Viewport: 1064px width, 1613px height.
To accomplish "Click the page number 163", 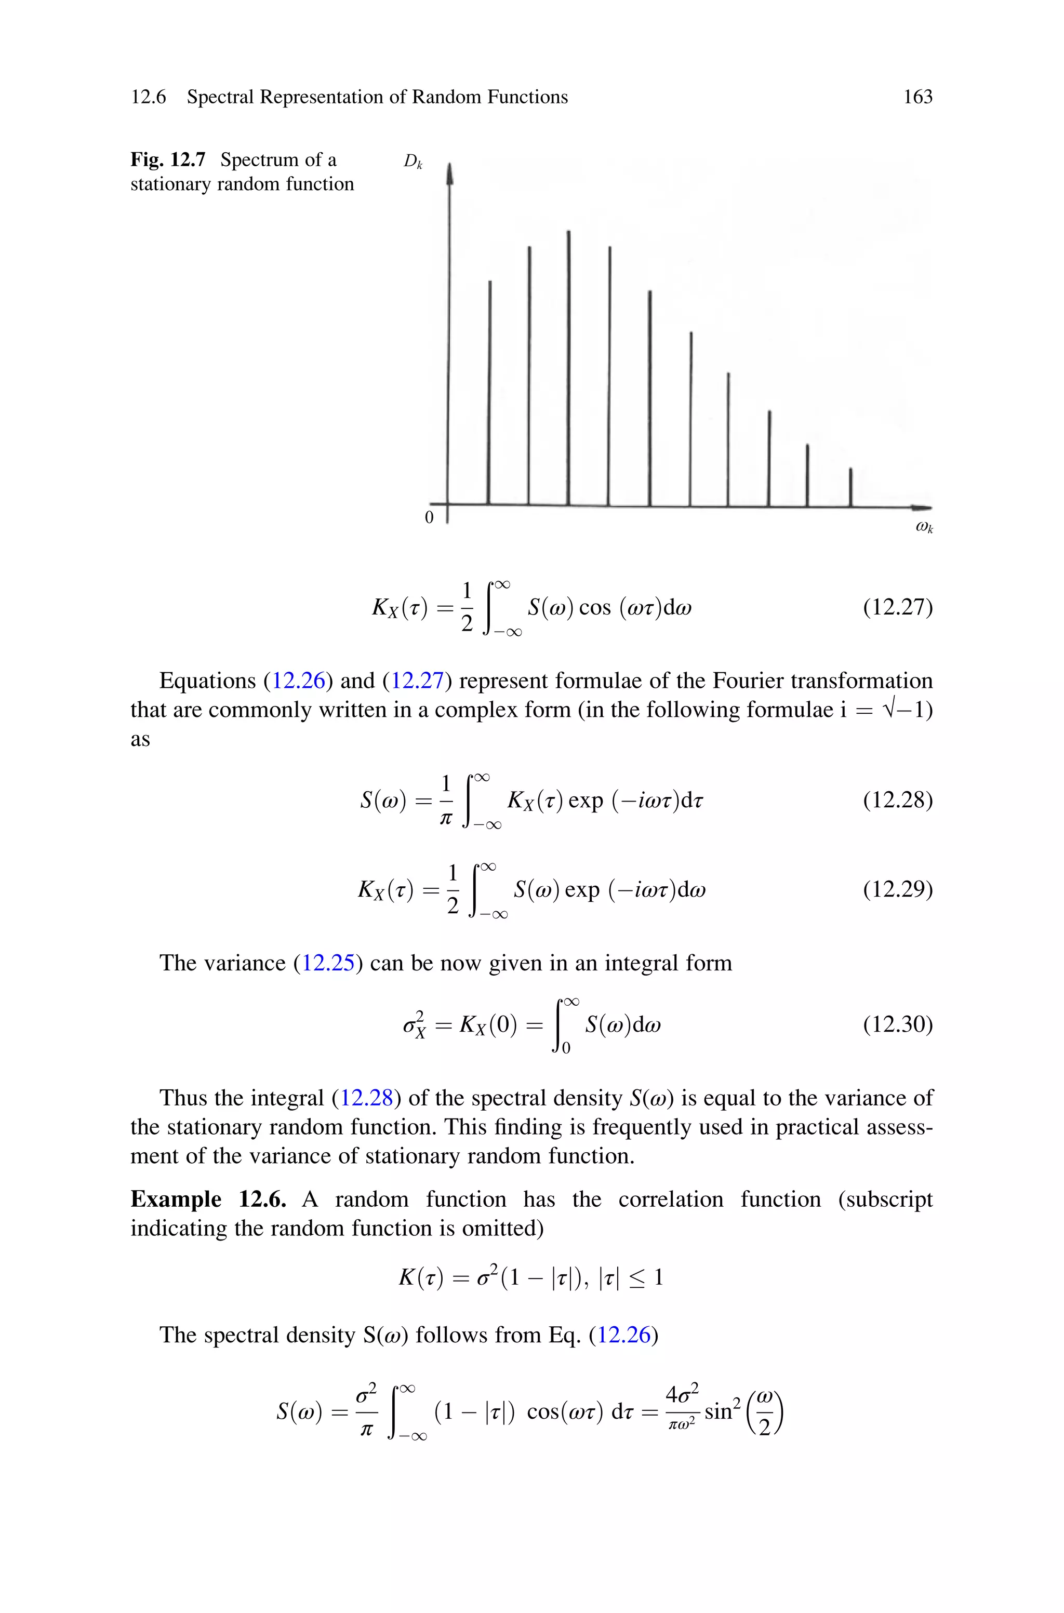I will point(917,97).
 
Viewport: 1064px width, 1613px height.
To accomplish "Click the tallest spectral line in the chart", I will point(569,366).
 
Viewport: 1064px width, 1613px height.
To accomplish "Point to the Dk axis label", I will point(413,162).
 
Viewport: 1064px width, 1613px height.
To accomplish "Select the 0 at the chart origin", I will point(429,517).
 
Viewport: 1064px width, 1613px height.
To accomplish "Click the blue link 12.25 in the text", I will point(328,963).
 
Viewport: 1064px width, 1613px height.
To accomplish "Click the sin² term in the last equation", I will point(721,1410).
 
